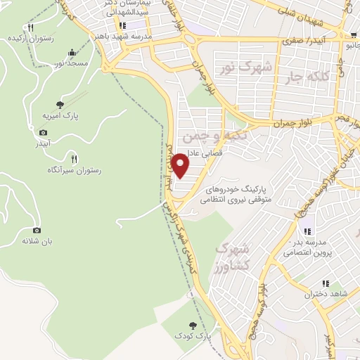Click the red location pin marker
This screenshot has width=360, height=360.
[x=181, y=166]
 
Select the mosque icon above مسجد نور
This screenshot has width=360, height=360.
[x=72, y=53]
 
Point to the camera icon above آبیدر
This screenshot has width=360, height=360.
[x=43, y=133]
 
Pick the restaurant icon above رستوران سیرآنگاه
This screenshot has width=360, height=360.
[x=75, y=159]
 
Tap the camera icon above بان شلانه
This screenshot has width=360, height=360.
[x=37, y=230]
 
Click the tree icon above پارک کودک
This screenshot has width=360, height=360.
[x=194, y=326]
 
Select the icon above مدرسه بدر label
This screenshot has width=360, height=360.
[x=307, y=232]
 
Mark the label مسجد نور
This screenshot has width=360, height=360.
[x=72, y=64]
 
